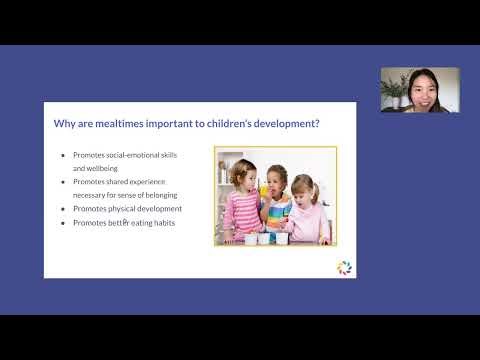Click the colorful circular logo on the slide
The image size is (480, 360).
(344, 267)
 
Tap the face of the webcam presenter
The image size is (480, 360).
(407, 88)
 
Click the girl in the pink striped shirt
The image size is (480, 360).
(244, 206)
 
